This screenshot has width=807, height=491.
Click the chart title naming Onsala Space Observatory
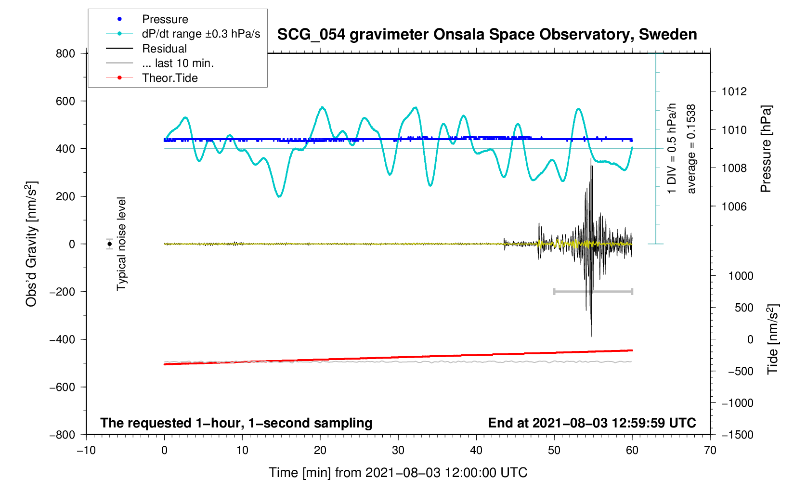coord(487,35)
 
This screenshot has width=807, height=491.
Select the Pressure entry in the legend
coord(165,19)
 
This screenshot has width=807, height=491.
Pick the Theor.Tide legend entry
coord(169,78)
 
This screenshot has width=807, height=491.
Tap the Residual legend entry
coord(164,49)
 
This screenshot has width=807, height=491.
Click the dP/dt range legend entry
coord(201,34)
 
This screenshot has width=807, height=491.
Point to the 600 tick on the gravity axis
coord(65,101)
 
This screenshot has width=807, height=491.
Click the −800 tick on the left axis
coord(63,435)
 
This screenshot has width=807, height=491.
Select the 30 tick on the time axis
coord(398,451)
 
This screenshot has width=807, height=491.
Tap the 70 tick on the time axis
coord(710,451)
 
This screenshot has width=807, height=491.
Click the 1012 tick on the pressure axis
coord(734,91)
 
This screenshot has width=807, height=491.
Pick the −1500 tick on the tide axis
coord(737,435)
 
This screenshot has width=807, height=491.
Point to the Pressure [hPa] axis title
coord(766,149)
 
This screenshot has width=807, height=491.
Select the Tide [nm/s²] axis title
coord(773,339)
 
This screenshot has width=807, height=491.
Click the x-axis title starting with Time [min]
coord(398,473)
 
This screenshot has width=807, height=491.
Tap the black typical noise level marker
coord(110,244)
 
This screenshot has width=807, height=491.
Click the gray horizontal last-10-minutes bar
coord(593,292)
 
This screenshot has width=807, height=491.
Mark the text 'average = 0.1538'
coord(692,149)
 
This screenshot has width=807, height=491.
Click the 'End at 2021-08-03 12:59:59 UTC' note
coord(592,423)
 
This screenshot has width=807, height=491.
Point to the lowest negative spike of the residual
coord(592,336)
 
